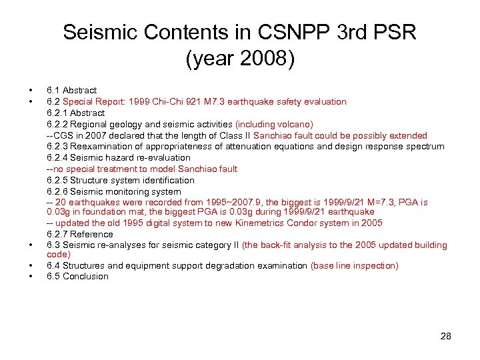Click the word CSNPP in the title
coord(257,33)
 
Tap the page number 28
coord(445,336)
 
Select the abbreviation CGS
coord(65,135)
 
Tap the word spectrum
coord(421,147)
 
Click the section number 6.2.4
coord(58,158)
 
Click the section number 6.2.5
coord(58,180)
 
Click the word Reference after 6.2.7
coord(92,234)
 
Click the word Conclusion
coord(85,276)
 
